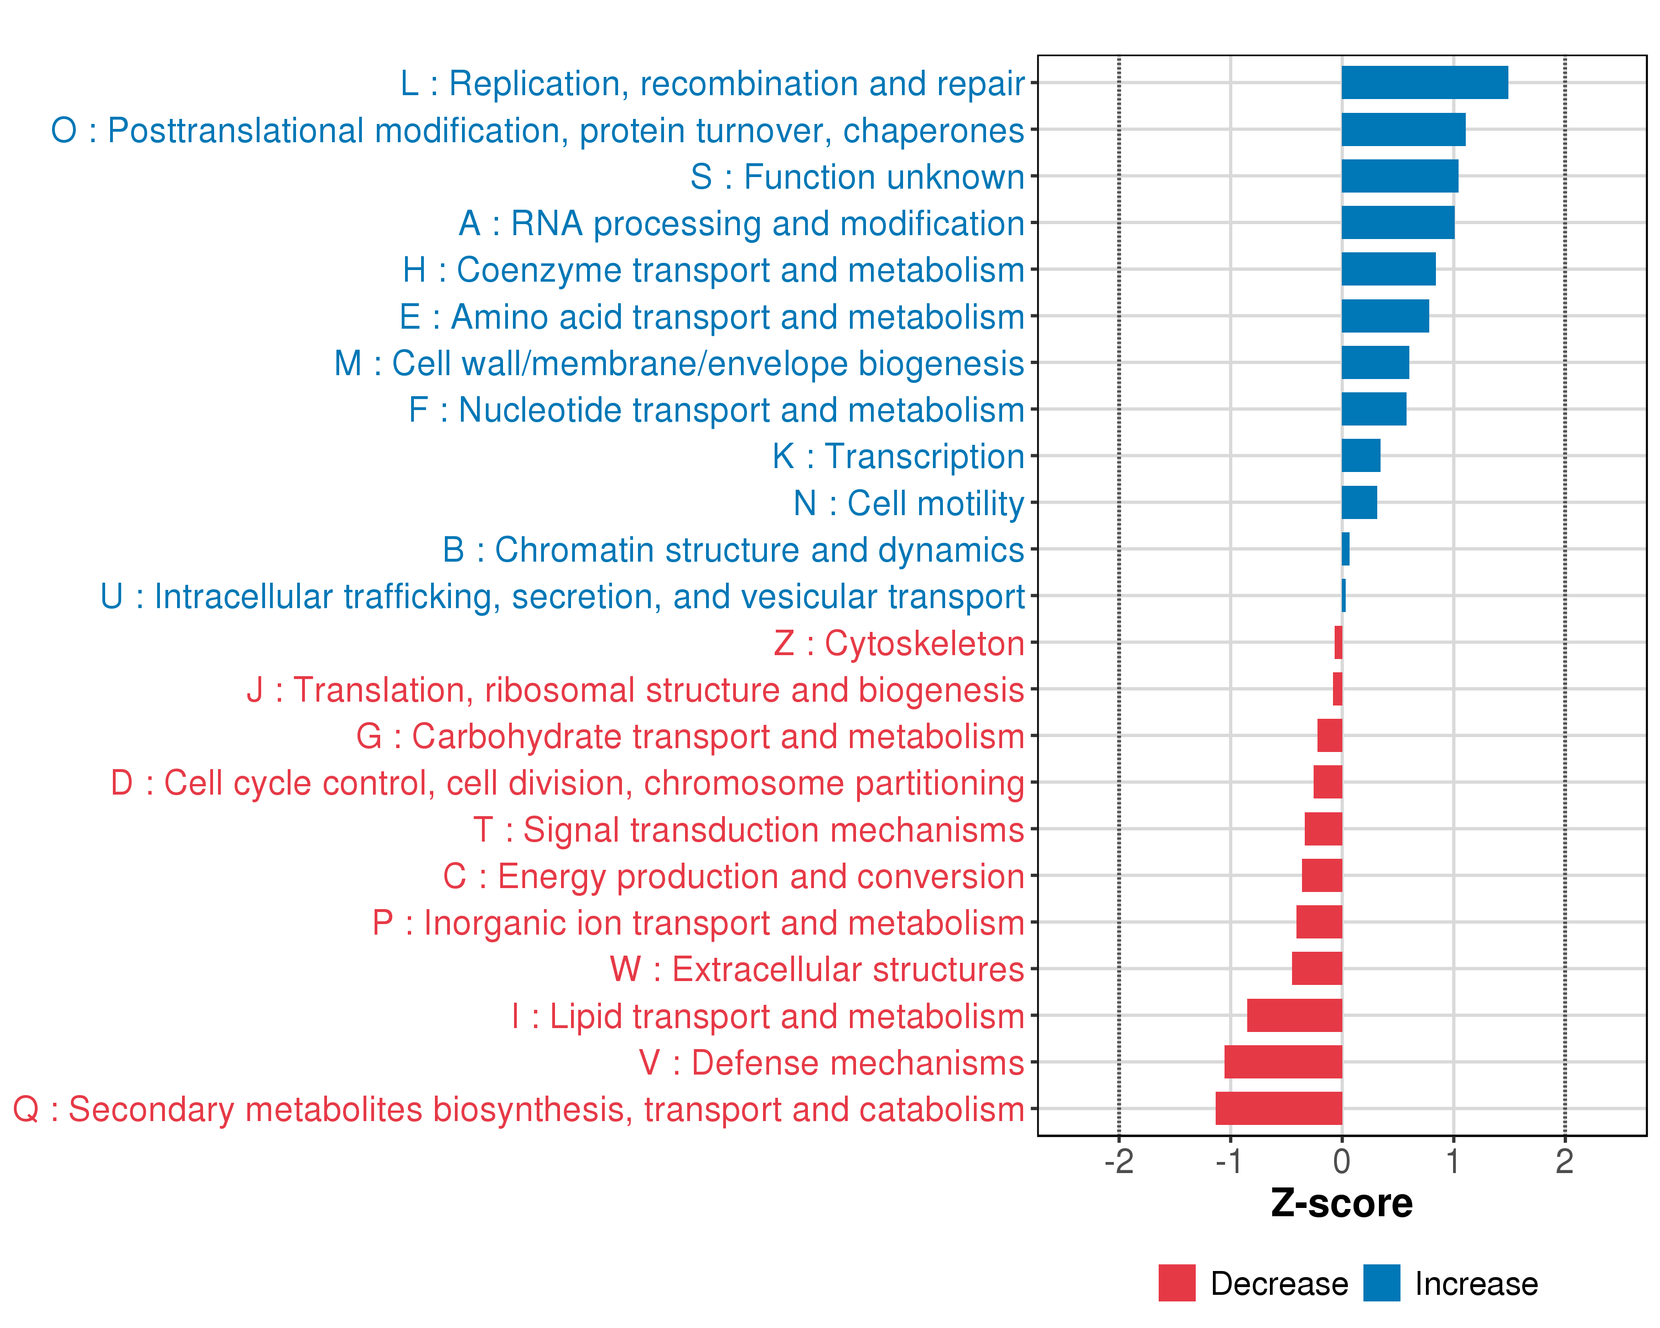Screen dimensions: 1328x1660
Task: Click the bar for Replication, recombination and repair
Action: (x=1424, y=82)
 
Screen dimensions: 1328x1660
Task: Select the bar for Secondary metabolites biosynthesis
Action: (x=1279, y=1108)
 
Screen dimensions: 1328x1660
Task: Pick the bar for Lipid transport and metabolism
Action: (x=1294, y=1015)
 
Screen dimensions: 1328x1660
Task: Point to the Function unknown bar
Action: (x=1400, y=177)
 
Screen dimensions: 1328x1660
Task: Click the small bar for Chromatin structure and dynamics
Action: (x=1345, y=549)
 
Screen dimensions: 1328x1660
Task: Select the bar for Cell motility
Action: (x=1359, y=503)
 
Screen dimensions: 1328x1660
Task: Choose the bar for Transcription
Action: (x=1361, y=456)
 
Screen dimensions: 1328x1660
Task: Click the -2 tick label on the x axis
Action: (x=1119, y=1161)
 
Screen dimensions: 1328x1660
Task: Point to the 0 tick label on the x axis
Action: (x=1341, y=1161)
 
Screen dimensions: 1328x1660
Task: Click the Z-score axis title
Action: (x=1341, y=1203)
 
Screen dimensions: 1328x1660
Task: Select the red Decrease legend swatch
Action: (x=1176, y=1283)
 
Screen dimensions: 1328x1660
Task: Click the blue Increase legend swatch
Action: (x=1381, y=1283)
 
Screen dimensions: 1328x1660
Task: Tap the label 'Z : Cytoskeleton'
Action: (x=899, y=644)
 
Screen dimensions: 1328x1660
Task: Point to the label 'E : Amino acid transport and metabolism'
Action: (x=712, y=317)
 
